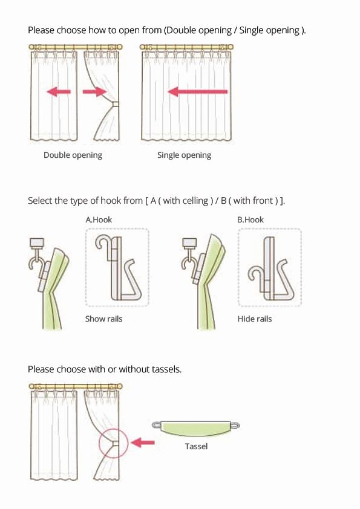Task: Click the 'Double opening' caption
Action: pyautogui.click(x=73, y=155)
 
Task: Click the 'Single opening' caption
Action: pyautogui.click(x=184, y=155)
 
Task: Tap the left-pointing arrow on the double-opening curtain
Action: pyautogui.click(x=59, y=91)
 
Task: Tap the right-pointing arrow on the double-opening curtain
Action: pyautogui.click(x=94, y=91)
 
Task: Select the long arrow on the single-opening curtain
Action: pyautogui.click(x=197, y=91)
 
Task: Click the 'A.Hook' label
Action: pyautogui.click(x=99, y=220)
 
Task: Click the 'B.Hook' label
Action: pyautogui.click(x=250, y=220)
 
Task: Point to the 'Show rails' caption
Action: pyautogui.click(x=103, y=319)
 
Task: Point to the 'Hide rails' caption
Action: pyautogui.click(x=254, y=319)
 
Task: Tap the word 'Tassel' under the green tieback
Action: pyautogui.click(x=196, y=446)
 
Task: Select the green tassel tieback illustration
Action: pyautogui.click(x=195, y=428)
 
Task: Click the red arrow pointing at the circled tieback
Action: pyautogui.click(x=143, y=442)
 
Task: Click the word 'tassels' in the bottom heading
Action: pyautogui.click(x=166, y=369)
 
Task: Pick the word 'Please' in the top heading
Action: pyautogui.click(x=41, y=30)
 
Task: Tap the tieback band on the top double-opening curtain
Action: pyautogui.click(x=115, y=105)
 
